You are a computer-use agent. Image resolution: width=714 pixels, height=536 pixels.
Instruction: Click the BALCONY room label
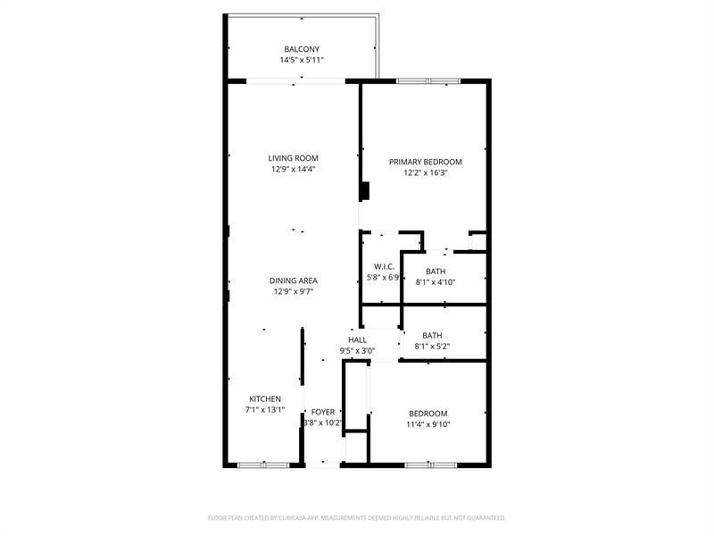(302, 49)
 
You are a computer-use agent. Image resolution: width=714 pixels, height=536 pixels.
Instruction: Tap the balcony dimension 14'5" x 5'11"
(302, 60)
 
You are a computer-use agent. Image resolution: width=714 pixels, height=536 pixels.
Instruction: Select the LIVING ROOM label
(294, 158)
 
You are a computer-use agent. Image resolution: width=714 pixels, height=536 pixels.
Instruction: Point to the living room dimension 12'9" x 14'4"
(294, 169)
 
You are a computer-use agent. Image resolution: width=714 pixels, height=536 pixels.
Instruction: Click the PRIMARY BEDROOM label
(426, 162)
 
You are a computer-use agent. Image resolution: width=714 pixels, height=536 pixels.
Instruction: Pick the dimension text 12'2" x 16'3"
(426, 172)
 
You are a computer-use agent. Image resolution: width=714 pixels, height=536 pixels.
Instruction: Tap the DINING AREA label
(294, 281)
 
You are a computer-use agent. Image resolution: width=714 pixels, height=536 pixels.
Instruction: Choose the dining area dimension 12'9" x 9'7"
(294, 291)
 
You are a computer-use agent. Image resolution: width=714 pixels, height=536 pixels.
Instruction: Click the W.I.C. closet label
(385, 267)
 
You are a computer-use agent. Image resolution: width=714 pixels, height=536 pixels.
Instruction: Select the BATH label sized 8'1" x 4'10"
(436, 272)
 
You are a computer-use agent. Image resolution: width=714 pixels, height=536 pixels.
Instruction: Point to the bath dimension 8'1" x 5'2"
(432, 347)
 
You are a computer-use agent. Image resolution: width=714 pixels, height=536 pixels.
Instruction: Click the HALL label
(357, 340)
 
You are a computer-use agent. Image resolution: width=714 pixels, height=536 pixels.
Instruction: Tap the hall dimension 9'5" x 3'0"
(357, 351)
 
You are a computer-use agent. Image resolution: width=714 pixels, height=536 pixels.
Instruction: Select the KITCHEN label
(265, 399)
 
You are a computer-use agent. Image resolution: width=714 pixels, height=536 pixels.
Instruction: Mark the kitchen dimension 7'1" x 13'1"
(265, 410)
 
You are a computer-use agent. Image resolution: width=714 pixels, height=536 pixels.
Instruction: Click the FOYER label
(322, 412)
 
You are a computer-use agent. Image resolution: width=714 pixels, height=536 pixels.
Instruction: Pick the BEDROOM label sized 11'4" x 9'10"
(428, 414)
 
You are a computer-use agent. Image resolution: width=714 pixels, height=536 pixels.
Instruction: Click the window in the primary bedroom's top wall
(428, 81)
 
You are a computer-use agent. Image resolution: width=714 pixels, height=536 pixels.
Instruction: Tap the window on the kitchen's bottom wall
(263, 465)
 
